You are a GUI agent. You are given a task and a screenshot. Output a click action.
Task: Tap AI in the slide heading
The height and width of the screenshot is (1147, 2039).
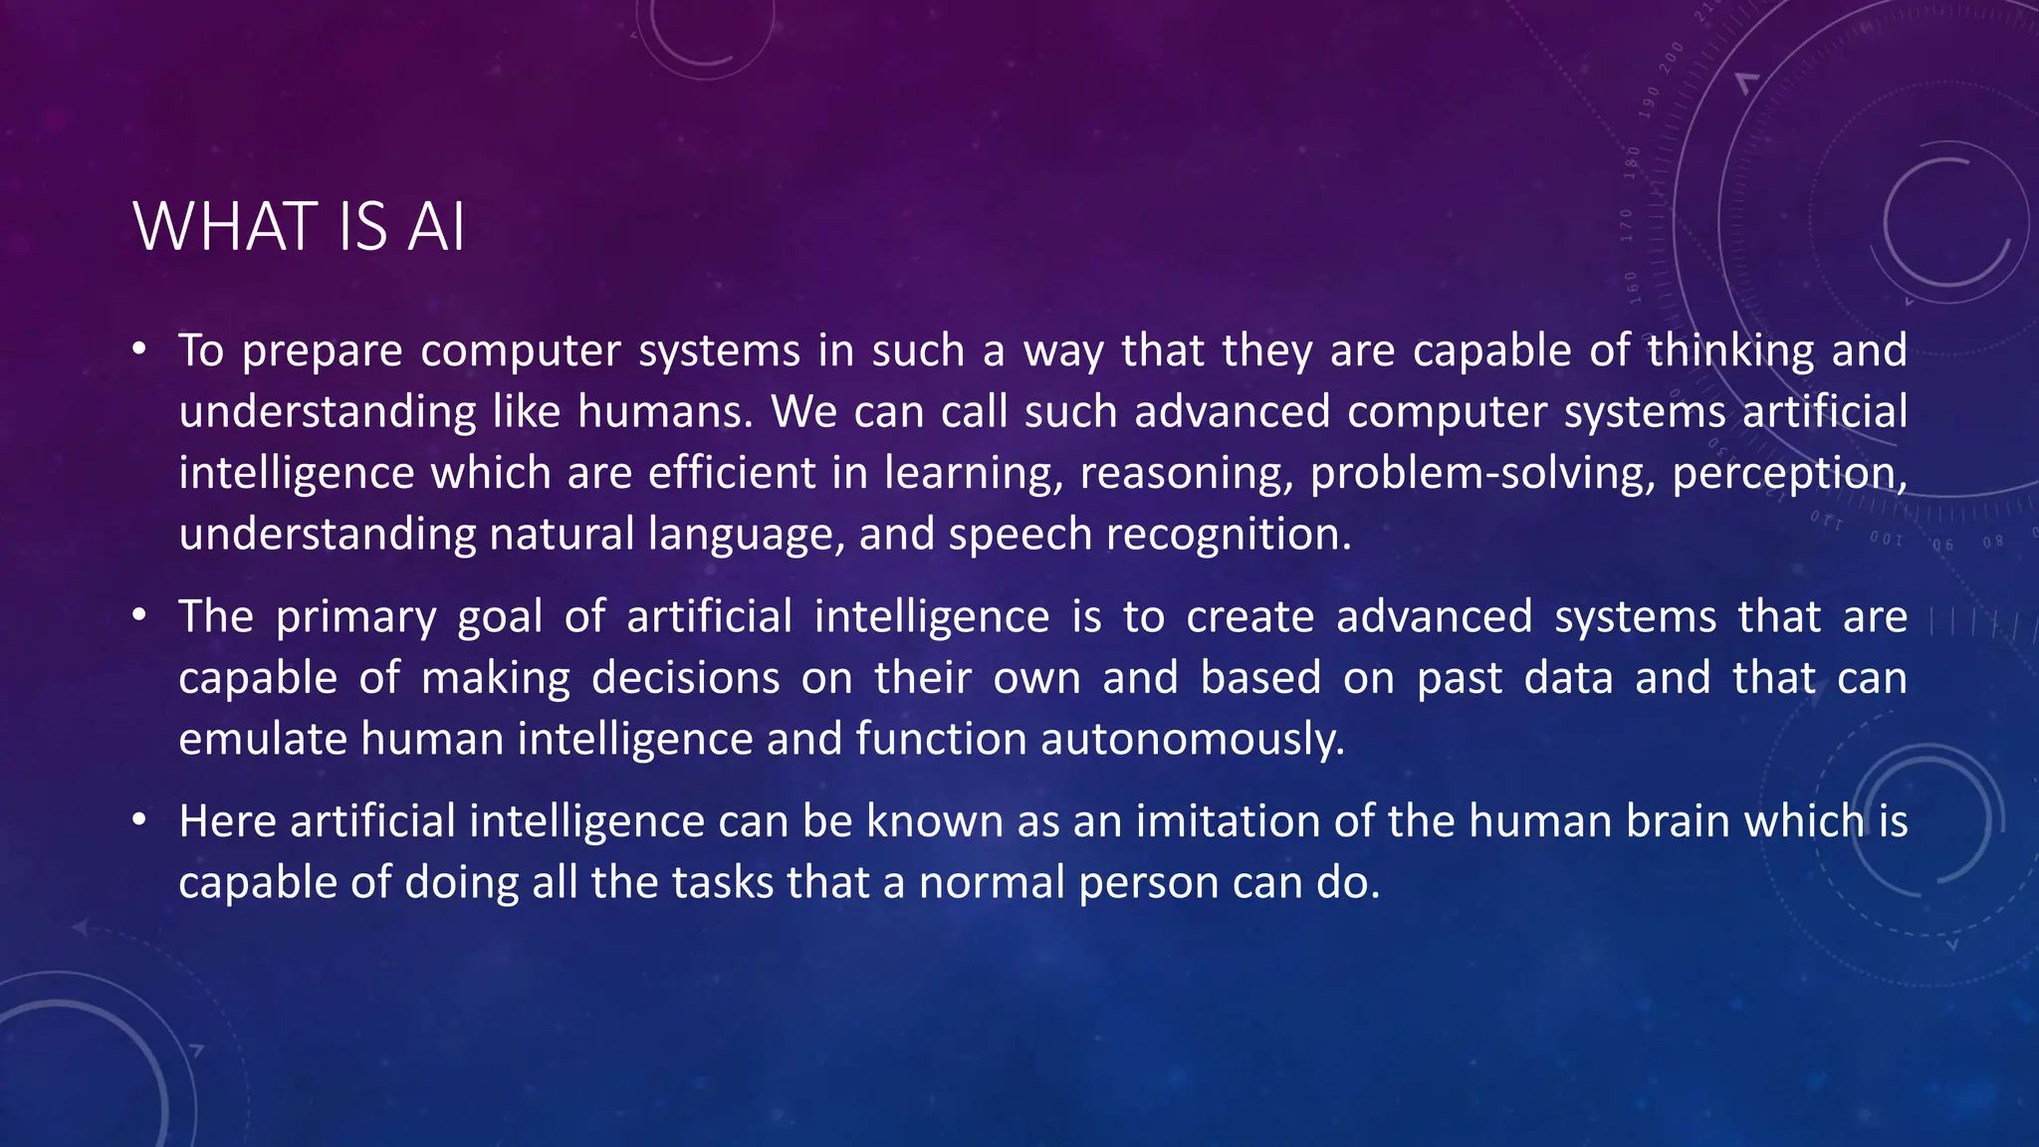click(436, 227)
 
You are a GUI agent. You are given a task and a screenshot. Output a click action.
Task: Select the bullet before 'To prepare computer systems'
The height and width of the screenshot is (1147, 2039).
click(139, 348)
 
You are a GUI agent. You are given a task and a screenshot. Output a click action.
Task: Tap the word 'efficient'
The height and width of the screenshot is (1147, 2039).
click(732, 473)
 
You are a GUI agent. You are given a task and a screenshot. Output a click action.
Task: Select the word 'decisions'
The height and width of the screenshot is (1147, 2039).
click(685, 678)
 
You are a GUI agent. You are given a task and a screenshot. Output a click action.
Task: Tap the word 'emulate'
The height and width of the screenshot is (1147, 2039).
click(262, 739)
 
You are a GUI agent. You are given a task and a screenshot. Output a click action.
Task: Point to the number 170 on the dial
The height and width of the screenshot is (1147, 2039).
click(1626, 225)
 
